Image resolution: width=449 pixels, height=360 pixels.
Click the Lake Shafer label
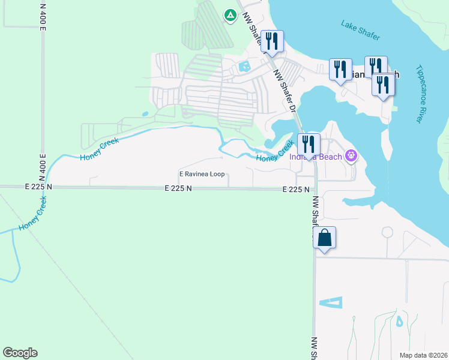coord(361,31)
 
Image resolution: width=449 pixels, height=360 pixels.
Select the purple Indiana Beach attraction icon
coord(351,157)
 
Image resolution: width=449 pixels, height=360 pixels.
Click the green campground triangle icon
coord(230,14)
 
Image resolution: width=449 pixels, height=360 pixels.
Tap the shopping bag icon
coord(324,238)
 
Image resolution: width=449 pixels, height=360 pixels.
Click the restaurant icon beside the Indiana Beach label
coord(309,145)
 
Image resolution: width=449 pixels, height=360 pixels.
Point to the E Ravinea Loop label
coord(202,174)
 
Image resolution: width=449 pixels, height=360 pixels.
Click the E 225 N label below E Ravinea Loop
coord(178,188)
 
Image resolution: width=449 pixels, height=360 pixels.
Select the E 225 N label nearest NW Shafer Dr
coord(296,189)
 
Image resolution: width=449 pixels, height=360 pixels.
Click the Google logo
coord(20,353)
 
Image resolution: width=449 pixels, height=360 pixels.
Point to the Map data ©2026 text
coord(424,355)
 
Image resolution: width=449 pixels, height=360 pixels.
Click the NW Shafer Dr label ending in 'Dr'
coord(285,91)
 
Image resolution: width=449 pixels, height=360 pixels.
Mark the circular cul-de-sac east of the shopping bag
coord(387,232)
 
